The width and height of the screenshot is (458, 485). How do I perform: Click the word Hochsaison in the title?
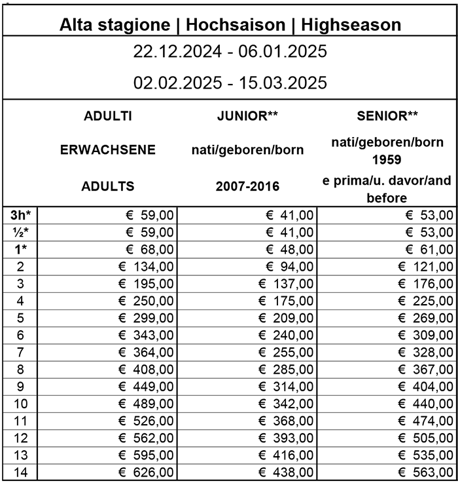click(x=236, y=25)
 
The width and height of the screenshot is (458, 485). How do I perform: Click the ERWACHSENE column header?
click(x=108, y=149)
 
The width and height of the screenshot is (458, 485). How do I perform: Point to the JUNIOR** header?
click(x=247, y=117)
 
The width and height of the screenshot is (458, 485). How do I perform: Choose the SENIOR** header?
click(x=387, y=117)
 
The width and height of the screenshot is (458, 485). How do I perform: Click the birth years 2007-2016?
click(x=247, y=186)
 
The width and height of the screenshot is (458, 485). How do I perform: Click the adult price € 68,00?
click(x=149, y=249)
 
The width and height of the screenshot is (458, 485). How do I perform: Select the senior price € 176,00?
click(x=425, y=283)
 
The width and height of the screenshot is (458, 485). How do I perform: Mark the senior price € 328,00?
click(x=425, y=352)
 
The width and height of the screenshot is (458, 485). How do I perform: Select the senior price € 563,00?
click(x=425, y=471)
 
